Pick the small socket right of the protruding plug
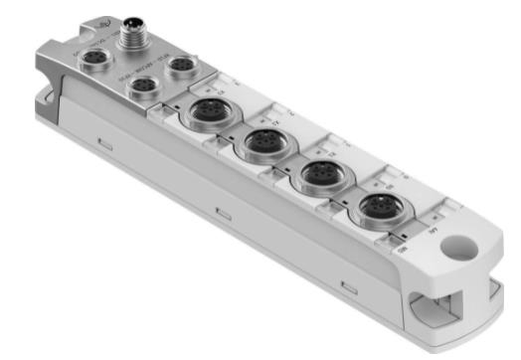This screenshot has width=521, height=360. (x=185, y=66)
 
